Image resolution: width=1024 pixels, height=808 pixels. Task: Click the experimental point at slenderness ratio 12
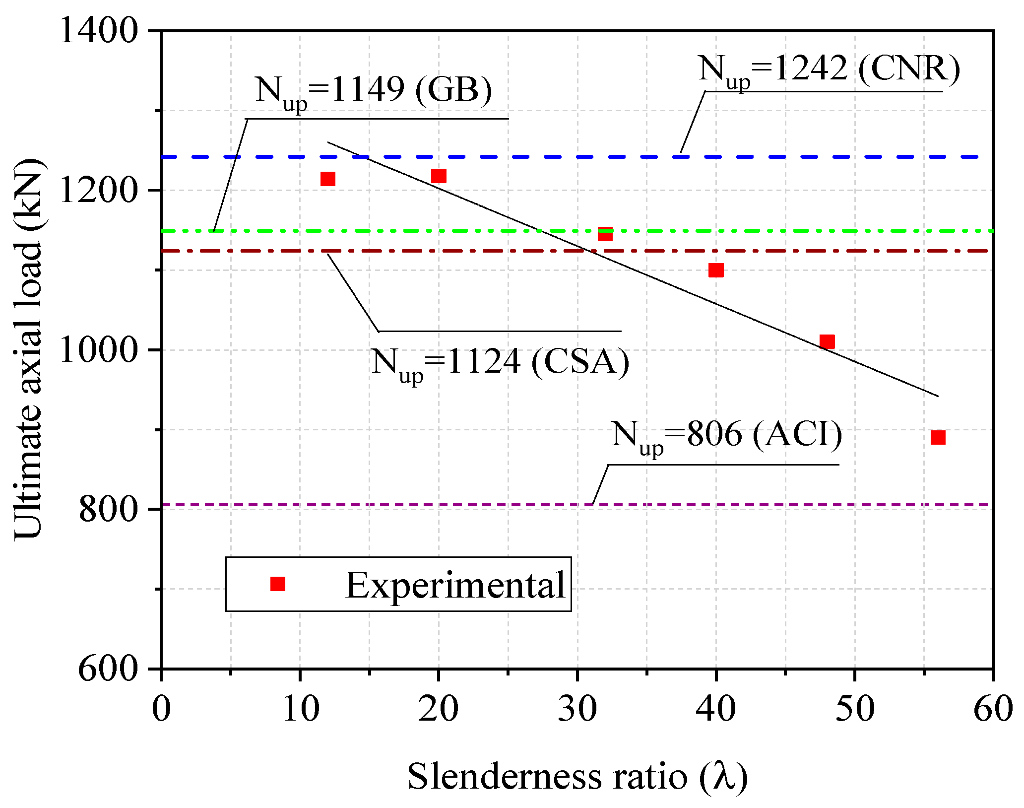pos(328,179)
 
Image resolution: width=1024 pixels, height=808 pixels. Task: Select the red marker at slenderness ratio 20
pos(439,176)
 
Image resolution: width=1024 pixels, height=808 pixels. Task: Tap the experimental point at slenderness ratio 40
pos(716,270)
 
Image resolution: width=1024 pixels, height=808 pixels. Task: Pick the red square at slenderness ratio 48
pos(827,341)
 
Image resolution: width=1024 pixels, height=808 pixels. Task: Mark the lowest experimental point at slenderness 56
pos(938,437)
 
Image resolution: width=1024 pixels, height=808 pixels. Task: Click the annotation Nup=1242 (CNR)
pos(829,69)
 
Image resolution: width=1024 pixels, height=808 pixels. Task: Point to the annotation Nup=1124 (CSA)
pos(500,362)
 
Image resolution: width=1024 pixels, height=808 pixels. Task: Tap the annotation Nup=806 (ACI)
pos(726,435)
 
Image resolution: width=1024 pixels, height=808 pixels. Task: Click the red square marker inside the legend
pos(278,584)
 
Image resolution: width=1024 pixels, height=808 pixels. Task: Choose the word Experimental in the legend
pos(455,585)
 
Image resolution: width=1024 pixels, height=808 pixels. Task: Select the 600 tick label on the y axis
pos(108,669)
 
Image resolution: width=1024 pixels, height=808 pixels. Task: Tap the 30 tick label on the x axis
pos(577,709)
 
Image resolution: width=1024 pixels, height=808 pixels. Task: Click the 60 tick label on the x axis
pos(993,709)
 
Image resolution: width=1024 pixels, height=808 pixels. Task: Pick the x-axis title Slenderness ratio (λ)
pos(577,776)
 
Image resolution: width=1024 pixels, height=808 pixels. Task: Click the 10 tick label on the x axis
pos(300,709)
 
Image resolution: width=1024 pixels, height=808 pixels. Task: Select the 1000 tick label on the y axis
pos(98,350)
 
